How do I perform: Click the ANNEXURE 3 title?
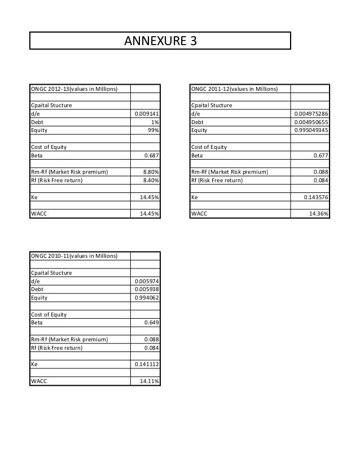click(x=161, y=41)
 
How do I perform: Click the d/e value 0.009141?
click(x=146, y=113)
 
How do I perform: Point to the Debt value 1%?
click(x=154, y=122)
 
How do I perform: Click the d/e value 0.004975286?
click(x=311, y=113)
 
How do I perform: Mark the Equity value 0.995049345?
click(x=311, y=130)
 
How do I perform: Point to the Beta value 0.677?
click(x=321, y=155)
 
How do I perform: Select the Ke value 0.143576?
click(x=315, y=197)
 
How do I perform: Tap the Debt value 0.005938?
click(x=146, y=289)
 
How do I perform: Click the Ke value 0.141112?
click(x=146, y=364)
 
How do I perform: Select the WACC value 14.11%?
click(x=150, y=382)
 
